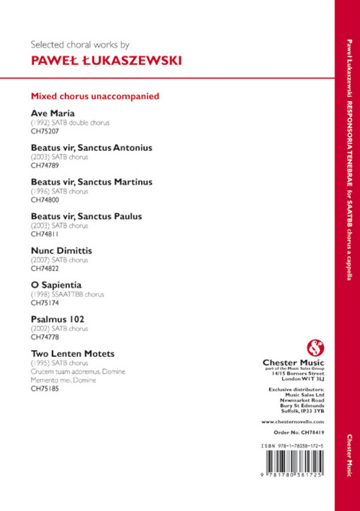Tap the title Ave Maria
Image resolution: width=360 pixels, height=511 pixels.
[53, 113]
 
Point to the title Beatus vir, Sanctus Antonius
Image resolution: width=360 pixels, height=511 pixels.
[91, 147]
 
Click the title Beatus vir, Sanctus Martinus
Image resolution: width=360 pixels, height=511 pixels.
[91, 181]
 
